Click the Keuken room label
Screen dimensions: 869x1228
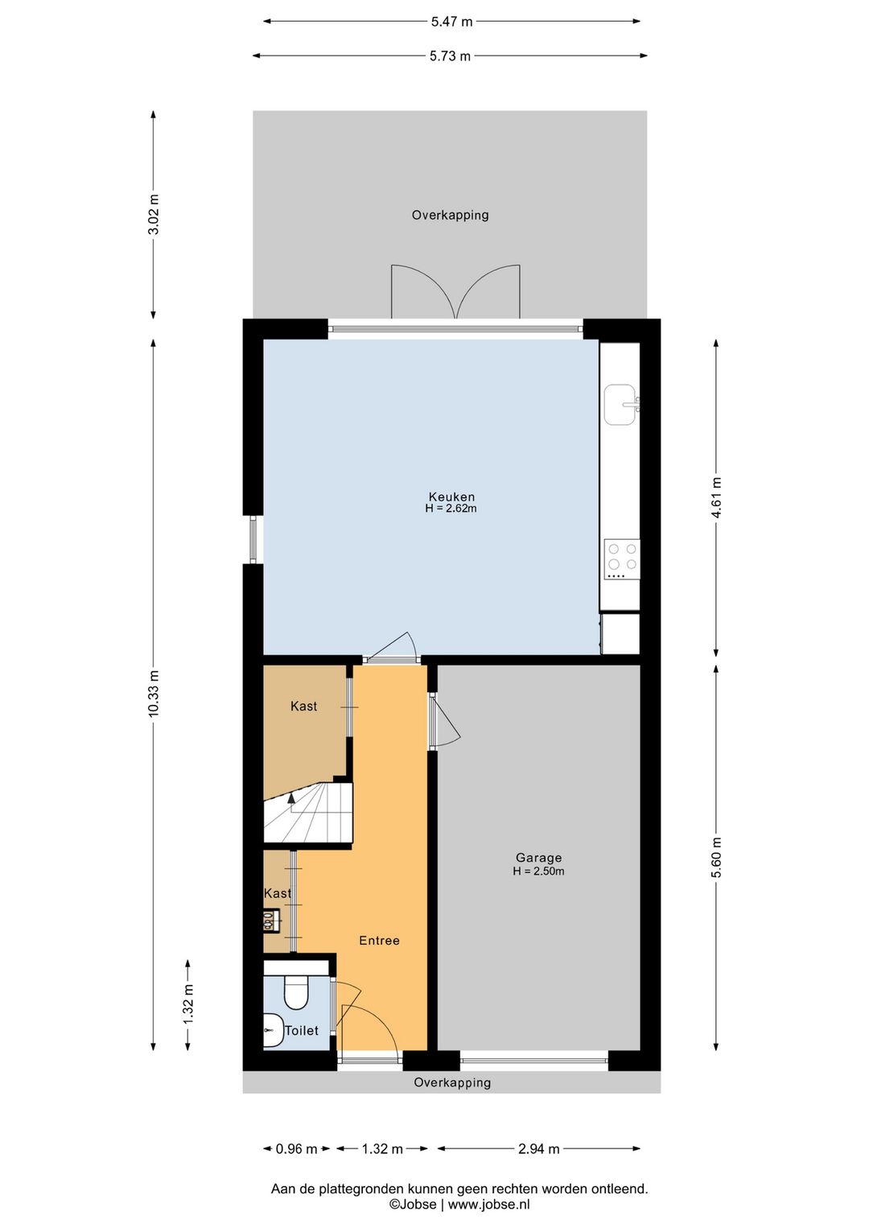pyautogui.click(x=451, y=497)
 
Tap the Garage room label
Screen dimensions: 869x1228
pyautogui.click(x=538, y=857)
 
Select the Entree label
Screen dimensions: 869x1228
pyautogui.click(x=379, y=940)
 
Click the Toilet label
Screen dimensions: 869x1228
pyautogui.click(x=302, y=1030)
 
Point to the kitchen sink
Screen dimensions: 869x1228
pyautogui.click(x=621, y=405)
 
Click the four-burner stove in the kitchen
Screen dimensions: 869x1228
pyautogui.click(x=622, y=559)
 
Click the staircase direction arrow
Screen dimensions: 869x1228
pyautogui.click(x=292, y=803)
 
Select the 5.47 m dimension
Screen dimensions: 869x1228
pyautogui.click(x=451, y=22)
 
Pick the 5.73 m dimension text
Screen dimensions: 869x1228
pyautogui.click(x=450, y=56)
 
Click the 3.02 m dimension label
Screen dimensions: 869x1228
pyautogui.click(x=154, y=214)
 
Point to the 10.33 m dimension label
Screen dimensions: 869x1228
pyautogui.click(x=154, y=693)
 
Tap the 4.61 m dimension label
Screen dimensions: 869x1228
pyautogui.click(x=717, y=498)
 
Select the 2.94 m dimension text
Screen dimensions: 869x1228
pyautogui.click(x=538, y=1149)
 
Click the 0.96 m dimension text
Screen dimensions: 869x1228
pyautogui.click(x=297, y=1149)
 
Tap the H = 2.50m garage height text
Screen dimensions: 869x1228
pyautogui.click(x=538, y=872)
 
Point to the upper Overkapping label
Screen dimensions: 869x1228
pyautogui.click(x=450, y=215)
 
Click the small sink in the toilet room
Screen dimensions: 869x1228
pyautogui.click(x=271, y=1031)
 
